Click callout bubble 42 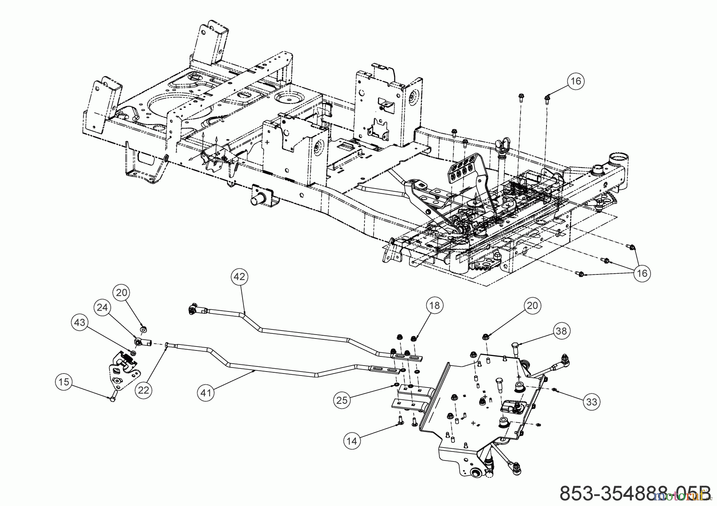click(x=239, y=277)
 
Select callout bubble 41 click(x=206, y=393)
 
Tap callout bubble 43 click(x=80, y=322)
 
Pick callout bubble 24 click(x=102, y=307)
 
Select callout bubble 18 click(x=434, y=305)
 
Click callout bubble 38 click(x=561, y=331)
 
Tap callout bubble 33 click(x=592, y=402)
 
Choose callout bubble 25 click(x=342, y=400)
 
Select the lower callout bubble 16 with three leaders click(x=642, y=273)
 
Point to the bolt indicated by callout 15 click(x=112, y=397)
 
